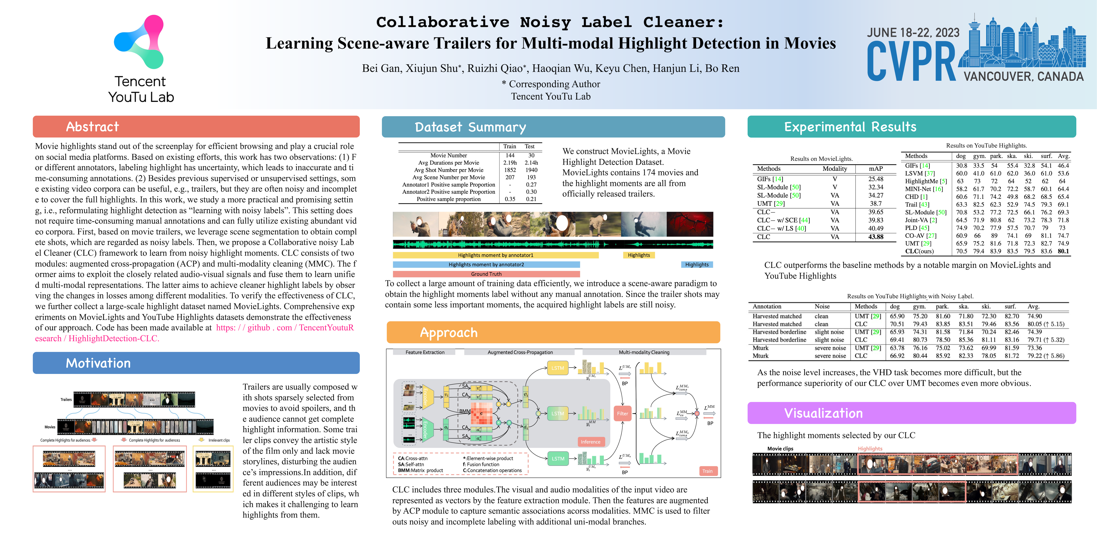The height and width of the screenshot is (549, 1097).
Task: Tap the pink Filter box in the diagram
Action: click(622, 413)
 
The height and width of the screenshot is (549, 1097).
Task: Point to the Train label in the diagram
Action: click(707, 471)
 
